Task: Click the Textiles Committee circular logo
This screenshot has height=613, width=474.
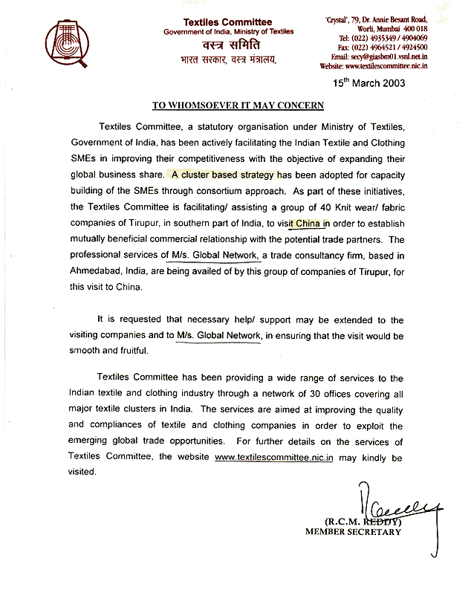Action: click(65, 43)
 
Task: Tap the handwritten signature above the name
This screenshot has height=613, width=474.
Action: click(392, 506)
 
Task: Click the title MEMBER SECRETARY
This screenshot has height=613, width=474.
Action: click(353, 531)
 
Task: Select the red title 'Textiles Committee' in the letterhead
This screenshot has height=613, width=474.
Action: click(217, 21)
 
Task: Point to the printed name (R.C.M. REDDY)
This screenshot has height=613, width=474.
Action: click(353, 521)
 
